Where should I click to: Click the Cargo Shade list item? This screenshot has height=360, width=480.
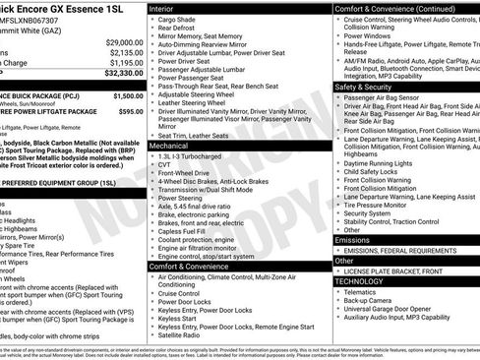click(177, 19)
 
